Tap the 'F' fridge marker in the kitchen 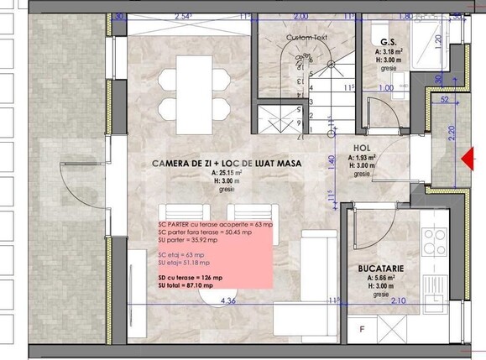tap(363, 330)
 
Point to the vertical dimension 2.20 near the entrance tap(451, 134)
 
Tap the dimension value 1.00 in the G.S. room tap(386, 87)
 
